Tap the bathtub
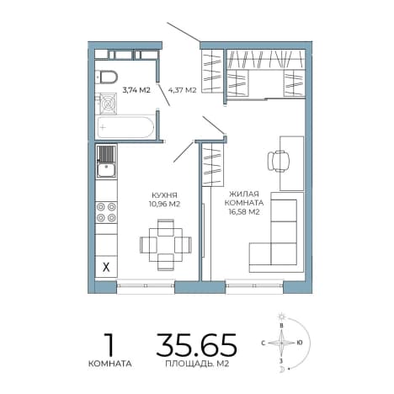tap(125, 127)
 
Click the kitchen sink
tap(106, 162)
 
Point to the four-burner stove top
tap(106, 212)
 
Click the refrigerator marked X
tap(106, 267)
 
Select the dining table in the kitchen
tap(166, 245)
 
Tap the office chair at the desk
tap(278, 161)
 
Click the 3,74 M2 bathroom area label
tap(136, 90)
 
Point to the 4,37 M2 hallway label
tap(182, 90)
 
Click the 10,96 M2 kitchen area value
tap(164, 204)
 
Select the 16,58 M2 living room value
tap(244, 212)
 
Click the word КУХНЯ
tap(164, 195)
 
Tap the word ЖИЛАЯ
tap(244, 194)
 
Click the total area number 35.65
tap(196, 344)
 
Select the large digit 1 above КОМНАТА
tap(109, 344)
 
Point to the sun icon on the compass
tap(281, 317)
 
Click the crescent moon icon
tap(282, 370)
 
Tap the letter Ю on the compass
tap(300, 343)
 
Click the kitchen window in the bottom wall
tap(146, 285)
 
